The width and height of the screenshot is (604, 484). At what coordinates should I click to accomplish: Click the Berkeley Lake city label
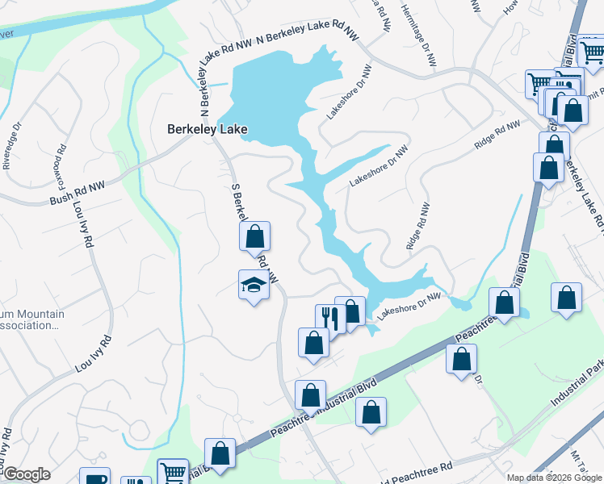pyautogui.click(x=207, y=129)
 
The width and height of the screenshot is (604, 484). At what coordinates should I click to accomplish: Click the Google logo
pyautogui.click(x=27, y=474)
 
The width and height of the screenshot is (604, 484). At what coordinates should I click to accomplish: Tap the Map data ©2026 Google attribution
pyautogui.click(x=555, y=478)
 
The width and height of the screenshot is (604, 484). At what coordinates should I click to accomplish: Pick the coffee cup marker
pyautogui.click(x=95, y=478)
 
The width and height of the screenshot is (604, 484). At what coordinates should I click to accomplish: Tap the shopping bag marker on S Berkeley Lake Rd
pyautogui.click(x=254, y=237)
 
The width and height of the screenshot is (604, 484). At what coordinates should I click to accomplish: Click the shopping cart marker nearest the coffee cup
pyautogui.click(x=172, y=473)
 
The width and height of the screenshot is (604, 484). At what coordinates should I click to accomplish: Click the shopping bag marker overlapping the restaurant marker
pyautogui.click(x=351, y=311)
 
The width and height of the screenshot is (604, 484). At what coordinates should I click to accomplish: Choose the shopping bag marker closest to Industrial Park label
pyautogui.click(x=567, y=298)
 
